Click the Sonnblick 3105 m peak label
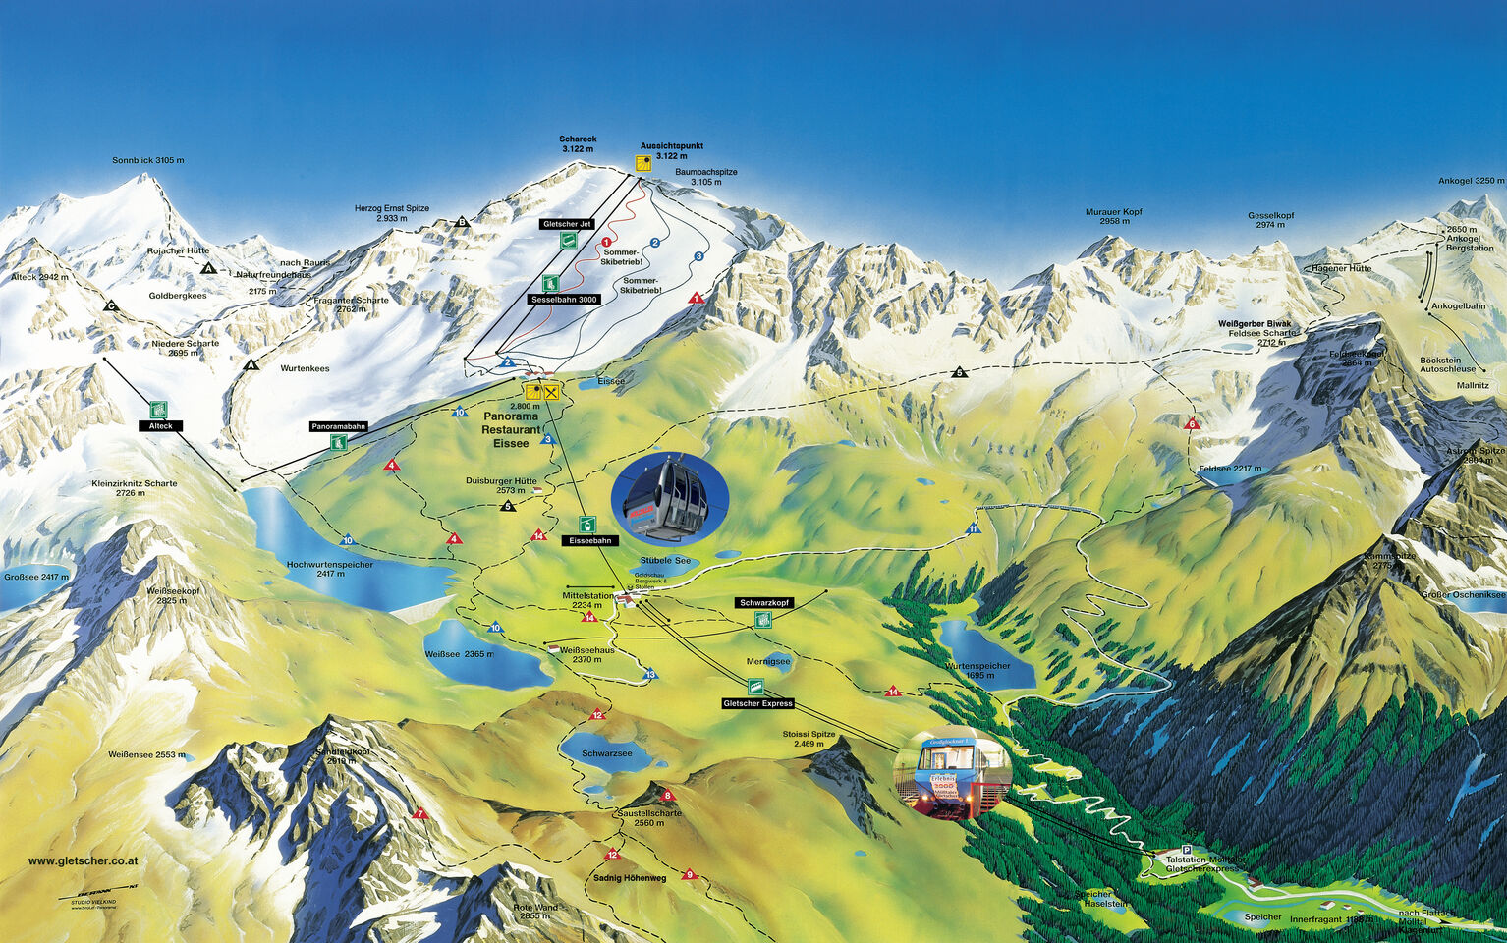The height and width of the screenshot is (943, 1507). (147, 160)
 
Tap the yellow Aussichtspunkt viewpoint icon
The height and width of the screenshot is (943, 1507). (642, 164)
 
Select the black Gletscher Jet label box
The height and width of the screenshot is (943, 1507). (567, 224)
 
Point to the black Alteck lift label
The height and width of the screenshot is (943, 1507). (160, 426)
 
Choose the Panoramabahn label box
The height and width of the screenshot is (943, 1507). (338, 426)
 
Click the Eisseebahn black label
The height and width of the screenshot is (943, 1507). (590, 540)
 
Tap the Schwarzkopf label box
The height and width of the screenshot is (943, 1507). (764, 602)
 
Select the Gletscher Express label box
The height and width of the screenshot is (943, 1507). (756, 703)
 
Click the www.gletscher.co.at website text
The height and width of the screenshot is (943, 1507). (83, 861)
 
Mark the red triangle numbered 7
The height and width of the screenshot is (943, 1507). (420, 813)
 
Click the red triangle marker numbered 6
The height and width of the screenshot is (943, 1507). (1193, 424)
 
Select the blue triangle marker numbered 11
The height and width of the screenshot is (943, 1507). (973, 528)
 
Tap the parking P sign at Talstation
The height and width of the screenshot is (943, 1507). (1187, 850)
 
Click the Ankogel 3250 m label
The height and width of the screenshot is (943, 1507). (1471, 181)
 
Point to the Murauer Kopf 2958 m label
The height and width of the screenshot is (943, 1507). (1114, 216)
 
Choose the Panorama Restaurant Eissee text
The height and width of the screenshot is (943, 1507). (511, 430)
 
